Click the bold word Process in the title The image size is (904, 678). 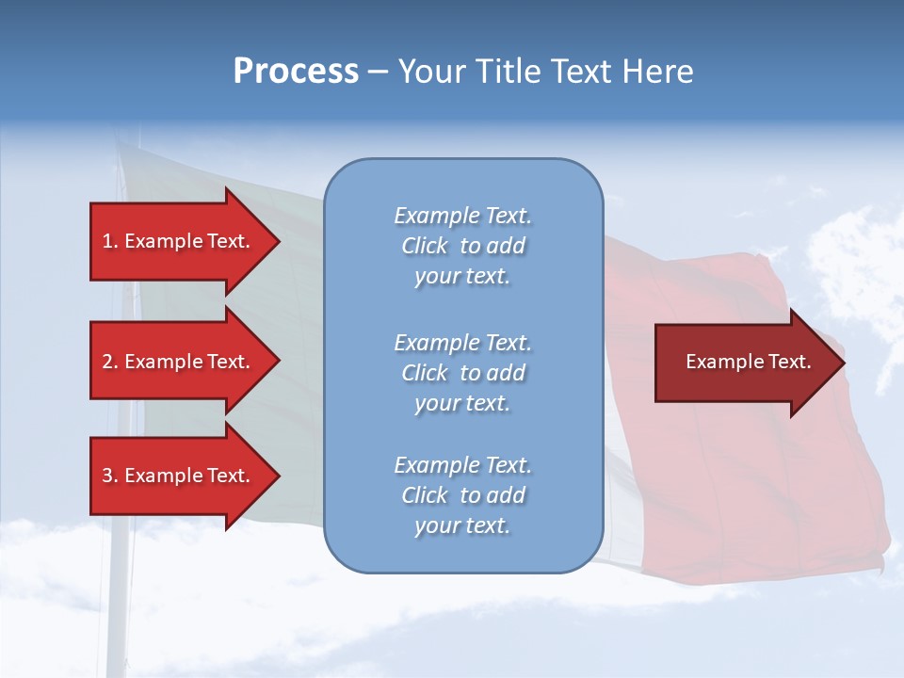[296, 72]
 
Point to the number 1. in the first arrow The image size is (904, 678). [110, 241]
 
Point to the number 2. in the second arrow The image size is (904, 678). [110, 362]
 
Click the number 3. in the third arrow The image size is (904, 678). [110, 476]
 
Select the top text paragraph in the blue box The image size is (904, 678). [462, 246]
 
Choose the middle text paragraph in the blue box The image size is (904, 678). [462, 373]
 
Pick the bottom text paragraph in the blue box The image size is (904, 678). [462, 495]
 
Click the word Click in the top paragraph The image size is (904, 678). [425, 247]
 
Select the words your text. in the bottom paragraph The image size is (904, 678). [462, 526]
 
